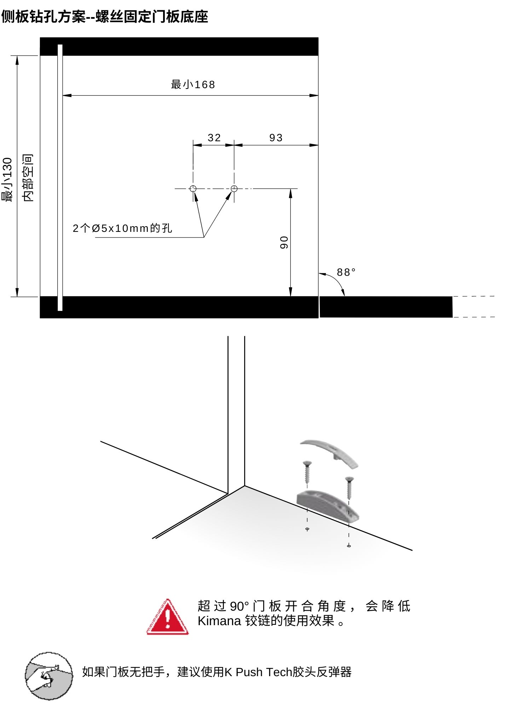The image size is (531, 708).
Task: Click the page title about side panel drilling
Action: point(104,17)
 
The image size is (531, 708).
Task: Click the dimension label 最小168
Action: point(193,85)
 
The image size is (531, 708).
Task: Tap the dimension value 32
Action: point(214,138)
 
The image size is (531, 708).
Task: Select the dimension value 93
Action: point(276,138)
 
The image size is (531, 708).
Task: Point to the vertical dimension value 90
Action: point(284,242)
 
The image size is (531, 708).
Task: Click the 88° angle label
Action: point(346,272)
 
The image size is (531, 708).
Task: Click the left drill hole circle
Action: point(193,189)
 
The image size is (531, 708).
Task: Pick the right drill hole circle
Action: point(234,189)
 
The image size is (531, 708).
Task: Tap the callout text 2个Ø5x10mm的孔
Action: point(122,228)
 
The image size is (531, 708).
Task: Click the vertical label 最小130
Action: point(8,180)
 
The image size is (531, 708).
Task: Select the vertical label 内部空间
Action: point(28,178)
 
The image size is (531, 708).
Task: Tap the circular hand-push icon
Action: point(49,676)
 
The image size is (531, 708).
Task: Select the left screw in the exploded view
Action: point(307,473)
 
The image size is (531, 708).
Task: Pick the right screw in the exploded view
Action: point(350,488)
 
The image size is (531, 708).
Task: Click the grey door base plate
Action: point(327,504)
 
